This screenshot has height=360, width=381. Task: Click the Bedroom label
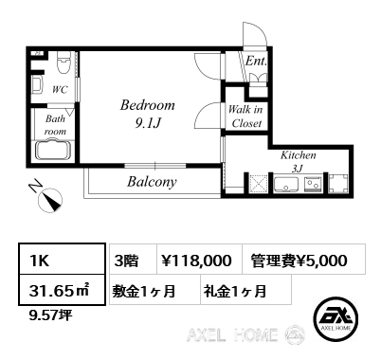coord(148,105)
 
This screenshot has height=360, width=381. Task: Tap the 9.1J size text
coord(148,123)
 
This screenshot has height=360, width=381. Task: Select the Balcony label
coord(152,182)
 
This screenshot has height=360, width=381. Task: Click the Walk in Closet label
coord(245,117)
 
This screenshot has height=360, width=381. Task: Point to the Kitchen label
coord(299,155)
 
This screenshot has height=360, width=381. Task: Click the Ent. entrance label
coord(256,61)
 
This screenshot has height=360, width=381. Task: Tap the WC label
coord(60,90)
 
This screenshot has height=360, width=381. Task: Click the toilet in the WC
coord(63,63)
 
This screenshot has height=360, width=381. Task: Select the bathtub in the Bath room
coord(54,152)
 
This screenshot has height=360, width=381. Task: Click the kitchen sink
coord(286,185)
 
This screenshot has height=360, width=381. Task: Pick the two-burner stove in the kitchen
coord(313,185)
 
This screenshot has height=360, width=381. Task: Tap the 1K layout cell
coord(62,259)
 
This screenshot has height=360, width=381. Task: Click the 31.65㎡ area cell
coord(62,290)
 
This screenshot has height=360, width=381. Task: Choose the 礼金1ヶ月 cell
coord(245,291)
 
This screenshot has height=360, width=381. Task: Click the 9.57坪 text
coord(50,315)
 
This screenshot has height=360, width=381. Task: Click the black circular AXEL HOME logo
coord(336,319)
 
